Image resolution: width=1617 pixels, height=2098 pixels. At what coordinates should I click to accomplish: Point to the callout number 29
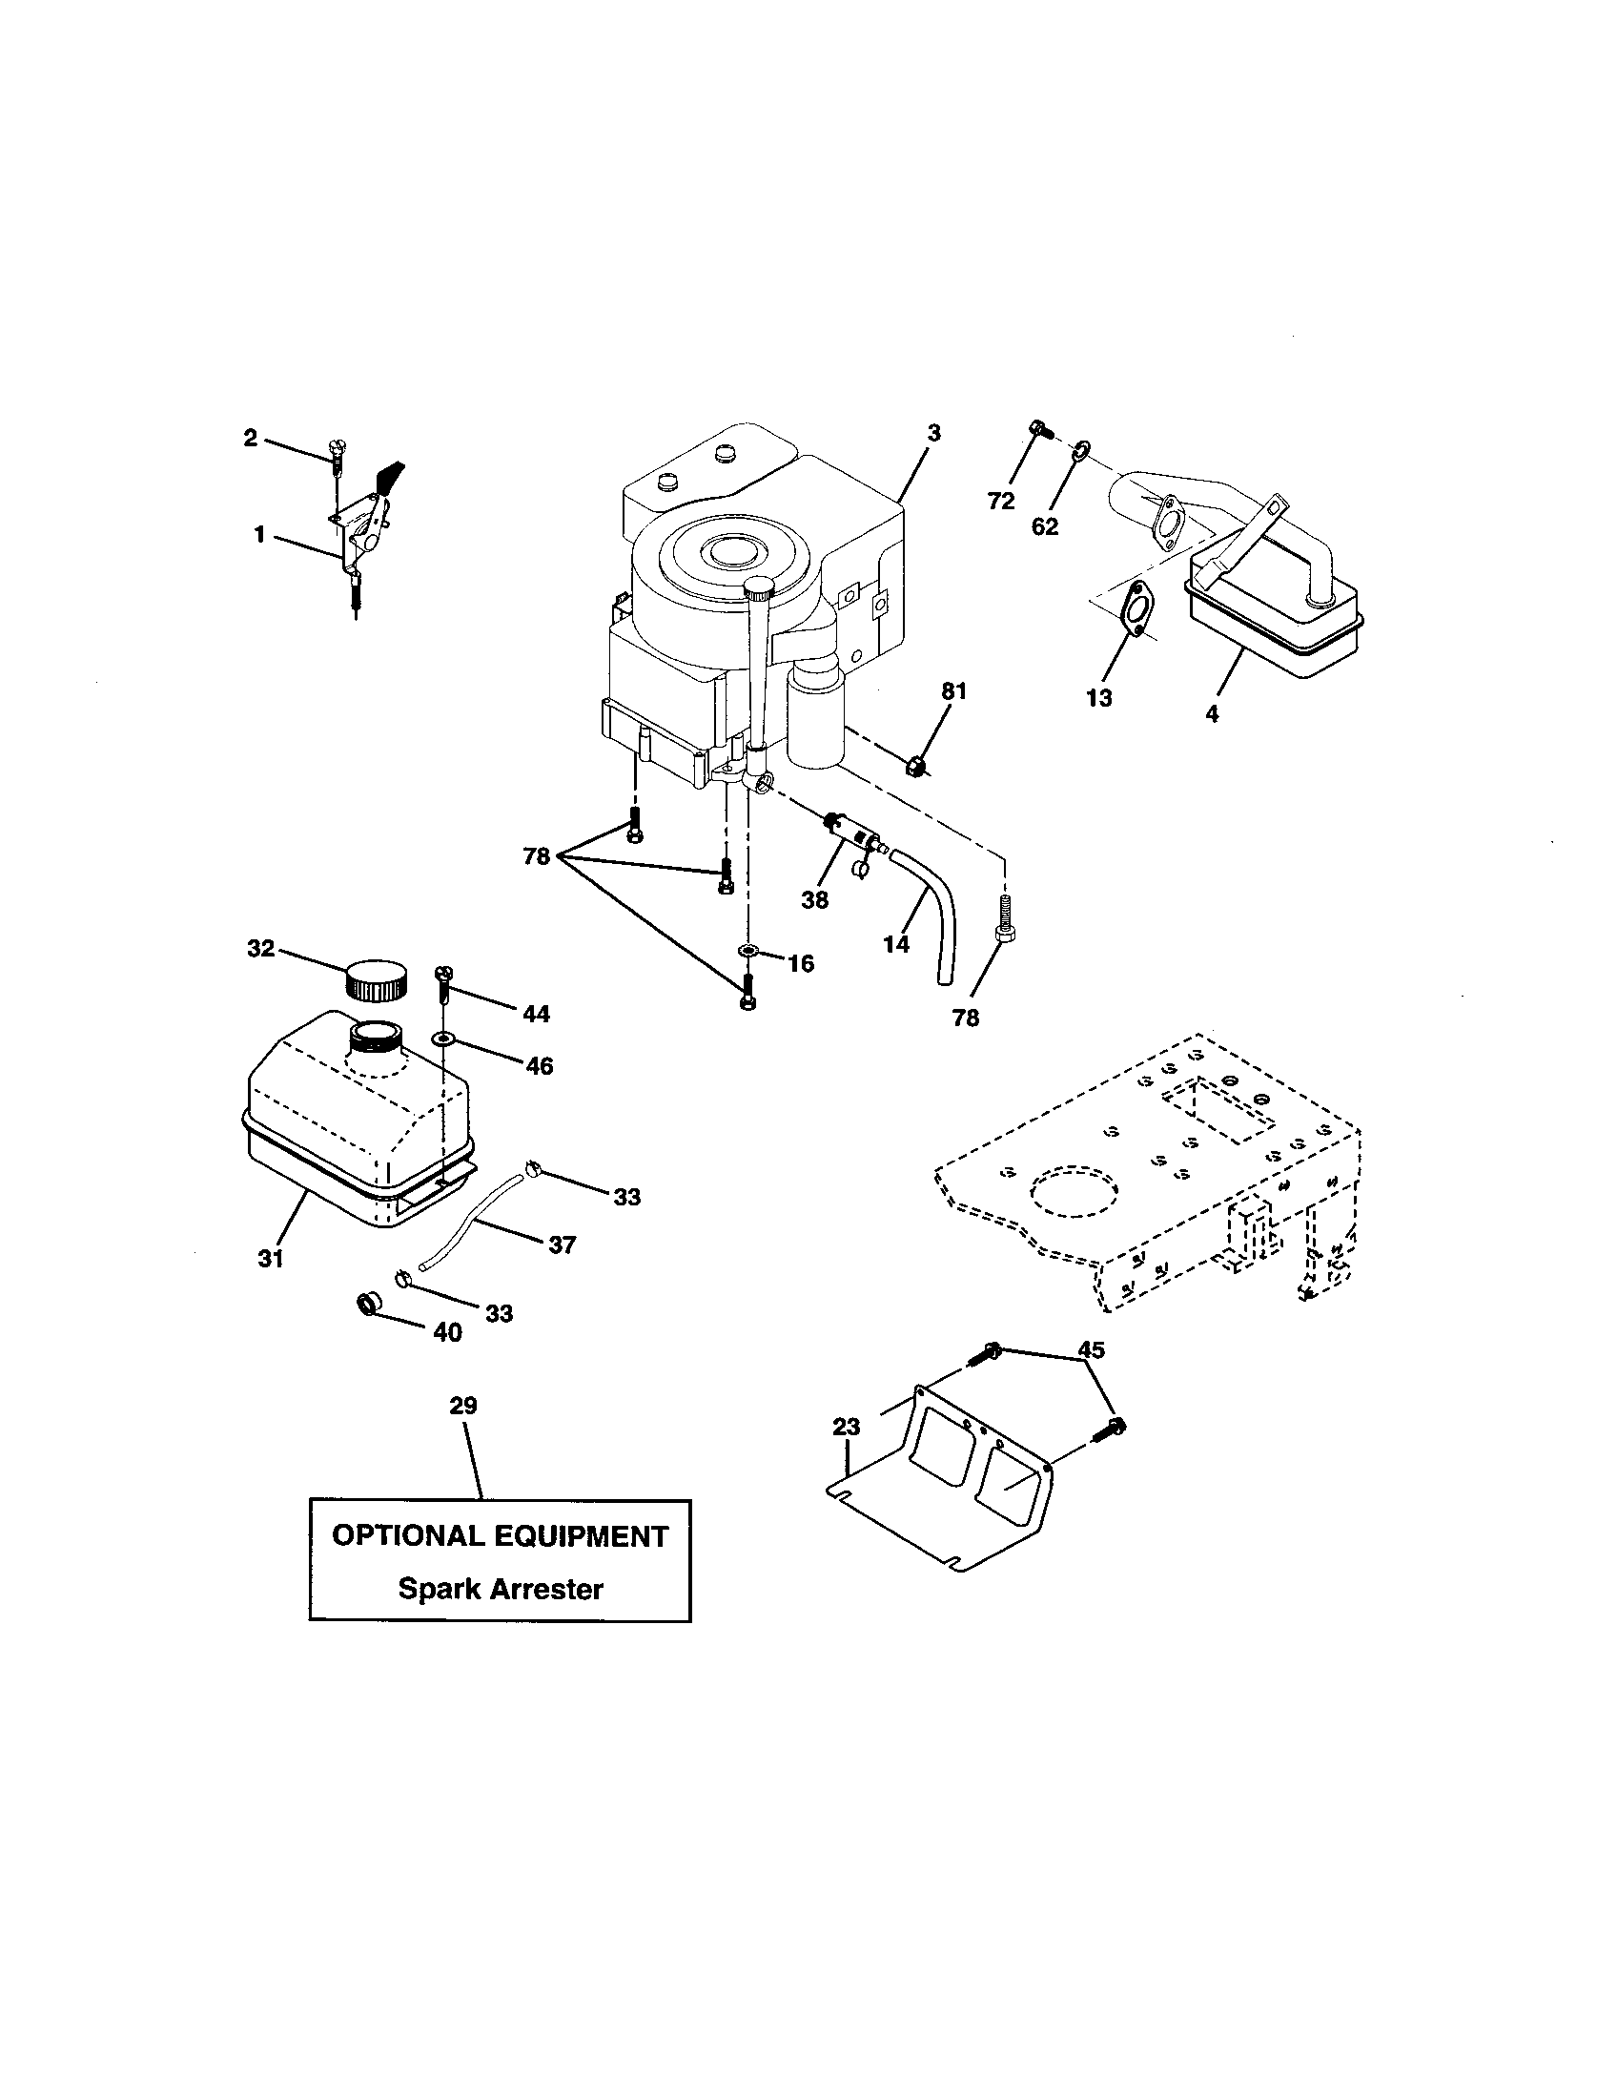[x=462, y=1407]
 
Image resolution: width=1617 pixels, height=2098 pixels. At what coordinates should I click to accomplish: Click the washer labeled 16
[x=747, y=951]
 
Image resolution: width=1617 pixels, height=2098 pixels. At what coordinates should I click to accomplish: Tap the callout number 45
[x=1090, y=1349]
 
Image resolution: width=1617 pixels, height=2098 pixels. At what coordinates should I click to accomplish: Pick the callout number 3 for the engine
[x=933, y=433]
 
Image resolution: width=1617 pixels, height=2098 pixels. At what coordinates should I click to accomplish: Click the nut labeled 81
[x=917, y=766]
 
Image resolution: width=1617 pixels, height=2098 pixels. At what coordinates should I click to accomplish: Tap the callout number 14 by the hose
[x=895, y=944]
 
